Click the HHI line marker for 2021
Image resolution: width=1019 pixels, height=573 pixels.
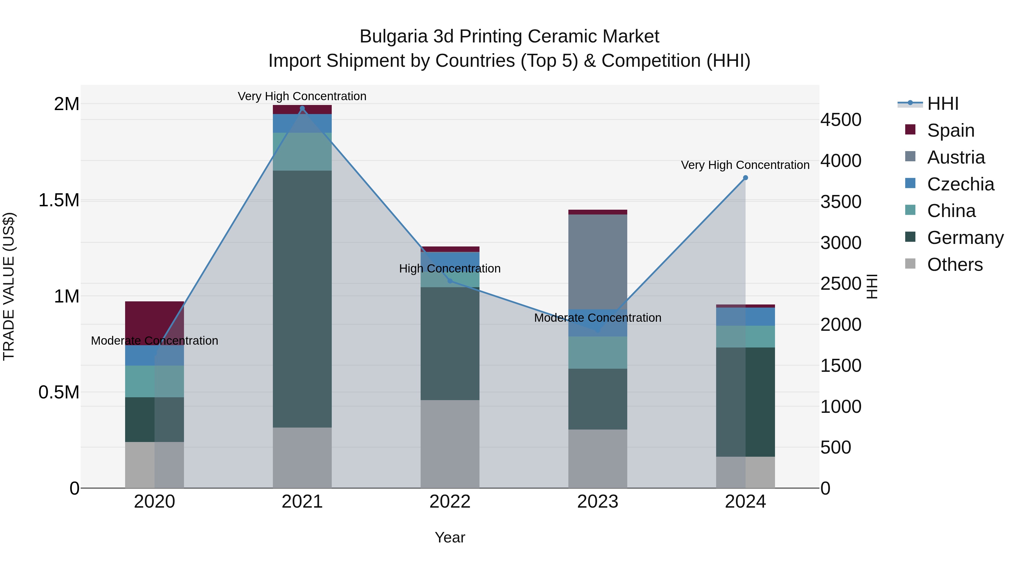click(302, 108)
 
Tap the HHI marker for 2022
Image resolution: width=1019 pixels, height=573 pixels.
click(450, 281)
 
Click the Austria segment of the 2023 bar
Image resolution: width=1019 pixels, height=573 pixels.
click(597, 261)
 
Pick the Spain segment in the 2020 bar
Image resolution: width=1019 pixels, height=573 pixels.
click(154, 323)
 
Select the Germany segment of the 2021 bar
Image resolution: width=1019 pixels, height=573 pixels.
click(302, 299)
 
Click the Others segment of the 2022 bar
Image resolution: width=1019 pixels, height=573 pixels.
click(450, 444)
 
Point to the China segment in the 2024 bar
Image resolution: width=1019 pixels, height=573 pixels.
click(745, 336)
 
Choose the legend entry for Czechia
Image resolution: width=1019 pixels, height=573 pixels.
click(960, 184)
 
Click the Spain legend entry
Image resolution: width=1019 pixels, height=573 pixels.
click(950, 130)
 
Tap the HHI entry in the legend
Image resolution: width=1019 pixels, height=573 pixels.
click(942, 104)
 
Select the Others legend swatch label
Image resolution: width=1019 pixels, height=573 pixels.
click(954, 265)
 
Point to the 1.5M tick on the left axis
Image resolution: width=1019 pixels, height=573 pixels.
click(59, 200)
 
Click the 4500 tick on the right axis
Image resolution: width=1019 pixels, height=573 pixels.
click(841, 120)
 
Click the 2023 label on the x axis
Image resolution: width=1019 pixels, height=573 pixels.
click(597, 502)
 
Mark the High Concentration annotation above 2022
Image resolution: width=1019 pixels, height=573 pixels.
click(450, 269)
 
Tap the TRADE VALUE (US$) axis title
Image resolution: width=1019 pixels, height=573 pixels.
click(9, 286)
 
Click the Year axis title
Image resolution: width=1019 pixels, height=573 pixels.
click(450, 537)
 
